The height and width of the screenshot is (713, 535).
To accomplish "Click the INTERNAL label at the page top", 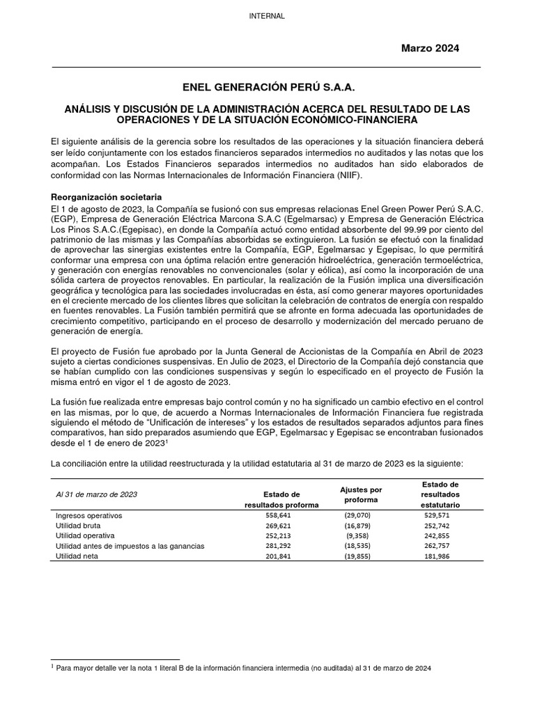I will click(267, 16).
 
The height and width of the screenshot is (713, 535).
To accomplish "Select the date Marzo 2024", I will click(430, 47).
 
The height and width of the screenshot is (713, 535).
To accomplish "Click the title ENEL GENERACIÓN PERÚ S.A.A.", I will click(267, 88).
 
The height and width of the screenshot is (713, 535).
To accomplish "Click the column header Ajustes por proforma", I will click(361, 494).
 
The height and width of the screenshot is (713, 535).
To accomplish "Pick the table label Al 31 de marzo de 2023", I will click(96, 494).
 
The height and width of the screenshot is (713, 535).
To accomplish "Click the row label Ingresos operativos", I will click(88, 516).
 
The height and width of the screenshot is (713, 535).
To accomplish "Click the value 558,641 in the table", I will click(281, 516).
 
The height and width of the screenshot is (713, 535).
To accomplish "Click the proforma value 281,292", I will click(281, 547).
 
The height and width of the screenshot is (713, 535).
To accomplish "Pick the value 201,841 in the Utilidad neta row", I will click(281, 557).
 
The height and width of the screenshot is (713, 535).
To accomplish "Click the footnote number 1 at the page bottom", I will click(54, 666).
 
